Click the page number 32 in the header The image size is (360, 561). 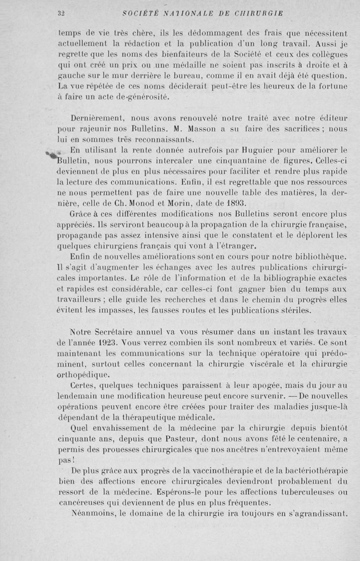(62, 13)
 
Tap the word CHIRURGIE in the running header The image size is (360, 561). (258, 13)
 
